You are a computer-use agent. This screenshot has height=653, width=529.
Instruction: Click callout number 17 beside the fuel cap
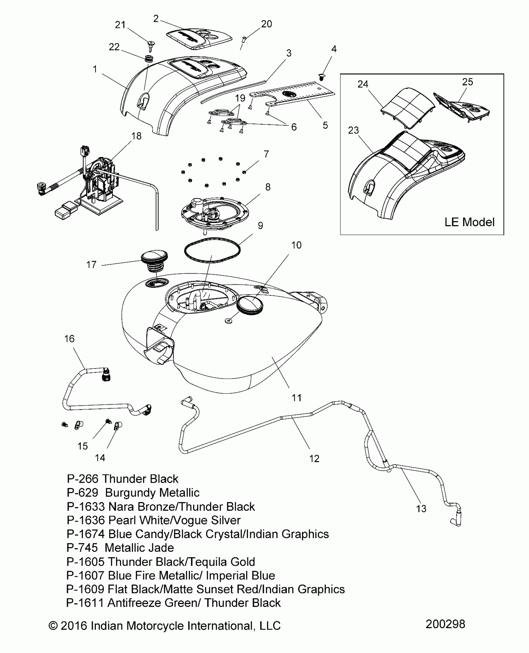pos(91,265)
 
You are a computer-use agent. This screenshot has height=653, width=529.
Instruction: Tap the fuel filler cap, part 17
pos(154,258)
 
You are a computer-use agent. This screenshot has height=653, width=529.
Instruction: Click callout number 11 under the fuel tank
pos(296,397)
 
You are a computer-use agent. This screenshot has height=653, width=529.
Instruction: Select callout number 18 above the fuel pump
pos(136,136)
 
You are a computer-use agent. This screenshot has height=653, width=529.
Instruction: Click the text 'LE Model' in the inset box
pos(469,222)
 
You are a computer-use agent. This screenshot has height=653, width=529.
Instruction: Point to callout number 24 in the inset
pos(363,84)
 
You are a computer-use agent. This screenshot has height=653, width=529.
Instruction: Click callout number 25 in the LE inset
pos(467,82)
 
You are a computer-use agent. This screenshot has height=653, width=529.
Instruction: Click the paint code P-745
pos(82,548)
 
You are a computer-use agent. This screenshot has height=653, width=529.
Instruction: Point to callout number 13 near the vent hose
pos(421,508)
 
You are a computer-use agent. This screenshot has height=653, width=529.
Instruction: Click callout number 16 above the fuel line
pos(69,338)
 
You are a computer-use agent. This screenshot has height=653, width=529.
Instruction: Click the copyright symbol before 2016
pos(53,625)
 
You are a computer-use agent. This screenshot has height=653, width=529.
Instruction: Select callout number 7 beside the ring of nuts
pos(266,154)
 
